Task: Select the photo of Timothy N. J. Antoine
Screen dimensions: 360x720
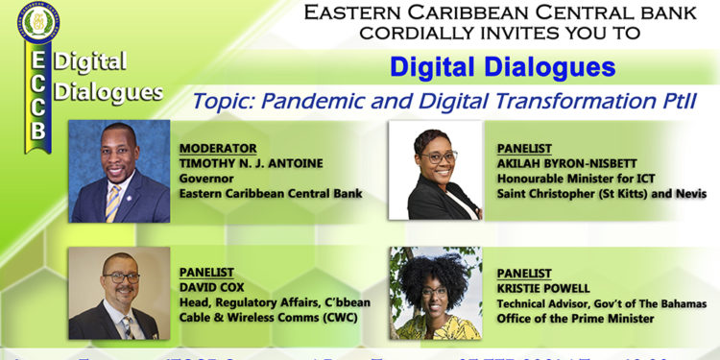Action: (x=119, y=171)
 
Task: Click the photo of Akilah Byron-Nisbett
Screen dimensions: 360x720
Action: (x=435, y=171)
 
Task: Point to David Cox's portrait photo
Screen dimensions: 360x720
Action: (x=119, y=293)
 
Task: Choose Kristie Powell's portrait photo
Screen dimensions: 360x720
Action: (x=435, y=293)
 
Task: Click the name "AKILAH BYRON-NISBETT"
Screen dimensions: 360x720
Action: (x=562, y=164)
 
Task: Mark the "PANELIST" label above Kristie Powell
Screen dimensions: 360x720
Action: (x=523, y=274)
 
